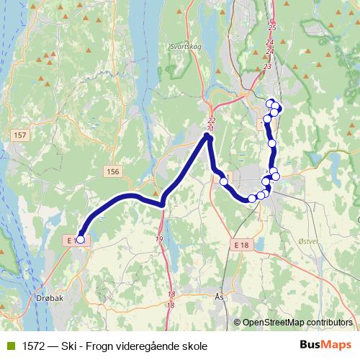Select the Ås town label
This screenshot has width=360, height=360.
(x=220, y=296)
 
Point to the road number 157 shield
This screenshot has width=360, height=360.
(x=19, y=135)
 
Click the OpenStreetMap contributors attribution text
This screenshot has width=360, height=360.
(x=297, y=323)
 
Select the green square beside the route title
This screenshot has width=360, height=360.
(x=9, y=346)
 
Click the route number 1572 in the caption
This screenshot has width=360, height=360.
(x=32, y=346)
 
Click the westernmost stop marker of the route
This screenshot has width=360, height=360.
(x=80, y=240)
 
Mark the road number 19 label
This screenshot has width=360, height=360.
(x=158, y=239)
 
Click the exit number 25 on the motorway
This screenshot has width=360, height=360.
(x=271, y=27)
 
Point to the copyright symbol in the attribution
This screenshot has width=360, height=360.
(x=238, y=323)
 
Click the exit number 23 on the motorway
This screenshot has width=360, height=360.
(x=267, y=66)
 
